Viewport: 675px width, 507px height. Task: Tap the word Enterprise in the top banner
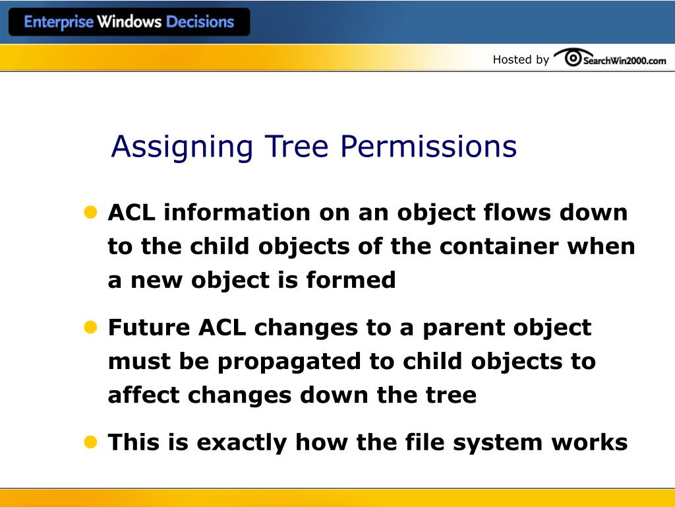tap(59, 22)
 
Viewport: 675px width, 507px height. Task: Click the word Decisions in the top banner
tap(200, 22)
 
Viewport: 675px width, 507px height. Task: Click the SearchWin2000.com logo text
tap(624, 60)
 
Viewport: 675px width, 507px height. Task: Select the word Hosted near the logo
tap(512, 59)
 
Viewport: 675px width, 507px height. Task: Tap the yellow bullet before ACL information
tap(90, 212)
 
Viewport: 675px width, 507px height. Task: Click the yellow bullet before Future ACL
tap(90, 327)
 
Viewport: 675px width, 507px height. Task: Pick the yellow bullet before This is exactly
tap(90, 441)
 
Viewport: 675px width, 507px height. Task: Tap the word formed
tap(351, 280)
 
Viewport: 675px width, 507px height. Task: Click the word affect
tap(144, 395)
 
